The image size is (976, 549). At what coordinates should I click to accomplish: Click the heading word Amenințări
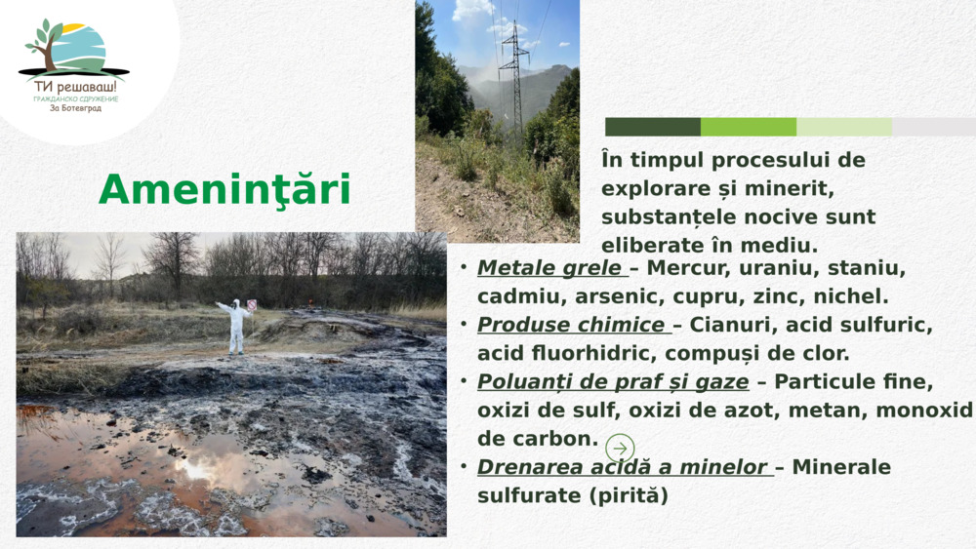point(224,190)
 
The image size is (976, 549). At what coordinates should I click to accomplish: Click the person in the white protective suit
point(235,327)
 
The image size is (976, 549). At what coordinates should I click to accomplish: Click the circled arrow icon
point(620,449)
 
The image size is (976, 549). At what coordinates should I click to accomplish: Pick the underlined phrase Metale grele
point(551,268)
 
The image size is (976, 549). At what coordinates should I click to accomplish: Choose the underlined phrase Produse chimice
point(573,325)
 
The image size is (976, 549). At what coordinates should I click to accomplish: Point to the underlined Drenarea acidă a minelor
point(625,467)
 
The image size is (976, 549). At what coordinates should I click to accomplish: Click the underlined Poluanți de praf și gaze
point(613,382)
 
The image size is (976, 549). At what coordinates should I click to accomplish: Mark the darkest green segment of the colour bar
point(652,127)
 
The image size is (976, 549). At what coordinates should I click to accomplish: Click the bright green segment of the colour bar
point(749,127)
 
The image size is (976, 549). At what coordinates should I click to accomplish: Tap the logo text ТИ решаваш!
point(74,87)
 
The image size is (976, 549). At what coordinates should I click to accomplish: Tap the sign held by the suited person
point(251,305)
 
